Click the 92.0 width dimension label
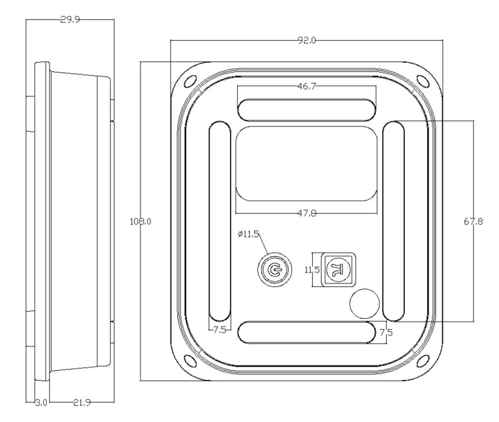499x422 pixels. point(306,40)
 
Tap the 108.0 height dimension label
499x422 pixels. point(140,221)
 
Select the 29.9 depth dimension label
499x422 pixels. point(70,20)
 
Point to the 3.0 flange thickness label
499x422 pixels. point(41,403)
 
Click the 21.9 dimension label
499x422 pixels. point(82,403)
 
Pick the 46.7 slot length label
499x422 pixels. point(306,86)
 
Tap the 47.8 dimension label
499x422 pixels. point(307,213)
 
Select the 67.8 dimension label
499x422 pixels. point(473,221)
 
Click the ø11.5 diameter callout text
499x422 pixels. point(248,234)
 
